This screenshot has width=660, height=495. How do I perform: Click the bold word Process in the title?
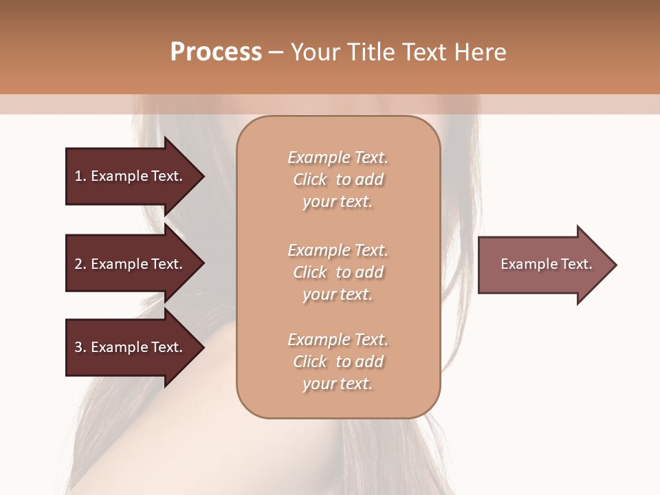coord(216,52)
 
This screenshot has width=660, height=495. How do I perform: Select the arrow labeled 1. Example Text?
coord(131,176)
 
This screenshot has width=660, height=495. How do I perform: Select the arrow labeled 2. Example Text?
coord(131,264)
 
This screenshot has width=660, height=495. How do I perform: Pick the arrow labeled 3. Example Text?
coord(131,347)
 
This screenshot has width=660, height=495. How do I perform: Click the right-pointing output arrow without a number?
coord(543,265)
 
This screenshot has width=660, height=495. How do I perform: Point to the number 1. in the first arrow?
coord(80,176)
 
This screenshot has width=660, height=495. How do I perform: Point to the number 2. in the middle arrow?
coord(80,264)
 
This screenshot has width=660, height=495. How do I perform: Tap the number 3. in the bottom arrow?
coord(80,347)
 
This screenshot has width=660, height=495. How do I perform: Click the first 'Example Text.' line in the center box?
coord(338,157)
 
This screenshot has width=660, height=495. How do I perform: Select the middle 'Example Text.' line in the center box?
coord(338,250)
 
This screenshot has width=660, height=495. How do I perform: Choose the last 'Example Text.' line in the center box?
coord(338,340)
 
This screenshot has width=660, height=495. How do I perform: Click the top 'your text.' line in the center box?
coord(338,202)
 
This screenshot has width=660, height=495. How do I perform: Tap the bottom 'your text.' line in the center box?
coord(338,384)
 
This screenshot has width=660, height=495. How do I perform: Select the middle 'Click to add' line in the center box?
coord(338,272)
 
